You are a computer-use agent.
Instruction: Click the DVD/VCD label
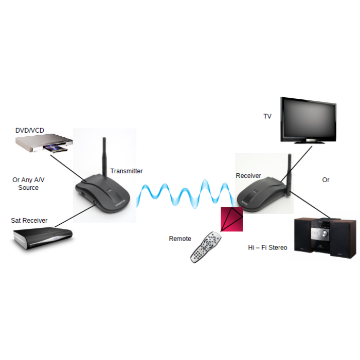30,131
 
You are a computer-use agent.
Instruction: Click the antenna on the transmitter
105,154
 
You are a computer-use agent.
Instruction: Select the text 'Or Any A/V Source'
29,184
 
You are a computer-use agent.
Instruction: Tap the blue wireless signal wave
185,194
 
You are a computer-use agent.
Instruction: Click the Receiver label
248,176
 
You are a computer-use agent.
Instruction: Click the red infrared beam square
232,219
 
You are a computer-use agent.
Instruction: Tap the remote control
205,247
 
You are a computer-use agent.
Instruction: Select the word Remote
180,239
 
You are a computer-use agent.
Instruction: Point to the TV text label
267,117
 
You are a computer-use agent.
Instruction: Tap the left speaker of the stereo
303,239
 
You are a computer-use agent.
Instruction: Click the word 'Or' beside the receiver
326,180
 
